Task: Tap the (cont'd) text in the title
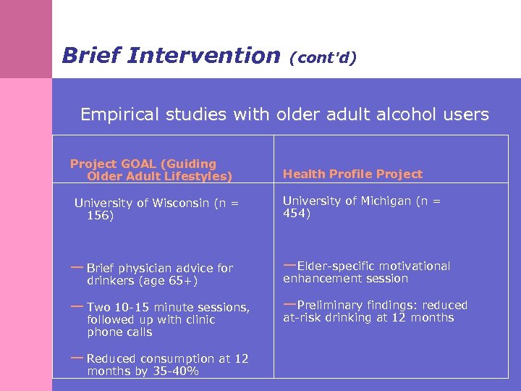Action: click(322, 57)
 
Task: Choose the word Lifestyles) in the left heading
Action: click(197, 176)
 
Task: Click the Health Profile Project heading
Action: click(352, 174)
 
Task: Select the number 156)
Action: click(100, 216)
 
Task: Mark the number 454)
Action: click(296, 214)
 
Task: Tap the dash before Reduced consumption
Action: click(77, 357)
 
